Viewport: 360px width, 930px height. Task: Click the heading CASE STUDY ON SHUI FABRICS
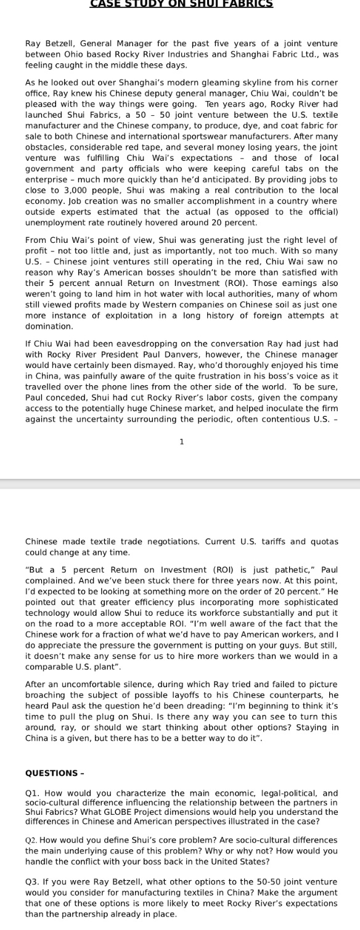181,3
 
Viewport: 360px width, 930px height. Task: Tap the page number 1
181,441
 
